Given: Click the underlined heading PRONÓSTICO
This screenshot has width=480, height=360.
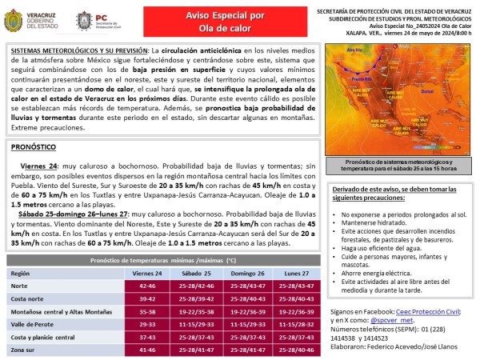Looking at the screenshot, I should pos(33,148).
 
